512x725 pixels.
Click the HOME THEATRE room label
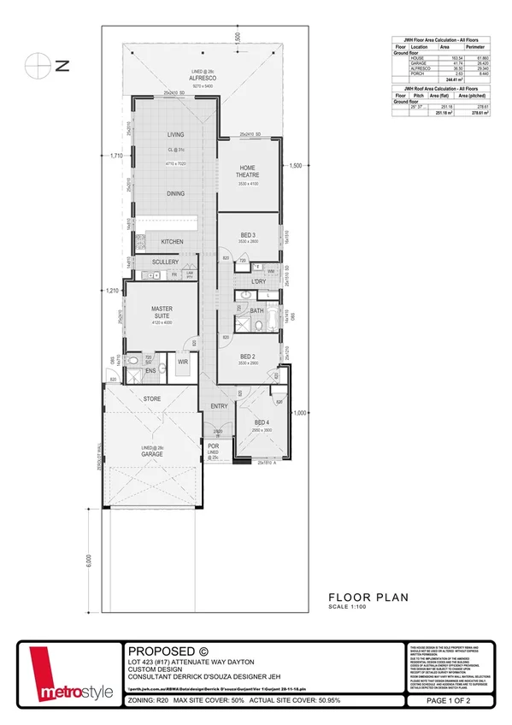click(x=248, y=170)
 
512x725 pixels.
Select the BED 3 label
click(x=247, y=234)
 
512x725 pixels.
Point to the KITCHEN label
click(x=172, y=242)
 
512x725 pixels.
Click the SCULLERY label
click(x=165, y=262)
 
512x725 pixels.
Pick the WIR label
click(x=182, y=362)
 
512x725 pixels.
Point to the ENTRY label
click(x=219, y=406)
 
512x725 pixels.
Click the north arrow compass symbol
click(x=35, y=64)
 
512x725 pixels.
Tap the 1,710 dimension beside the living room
click(x=117, y=156)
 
